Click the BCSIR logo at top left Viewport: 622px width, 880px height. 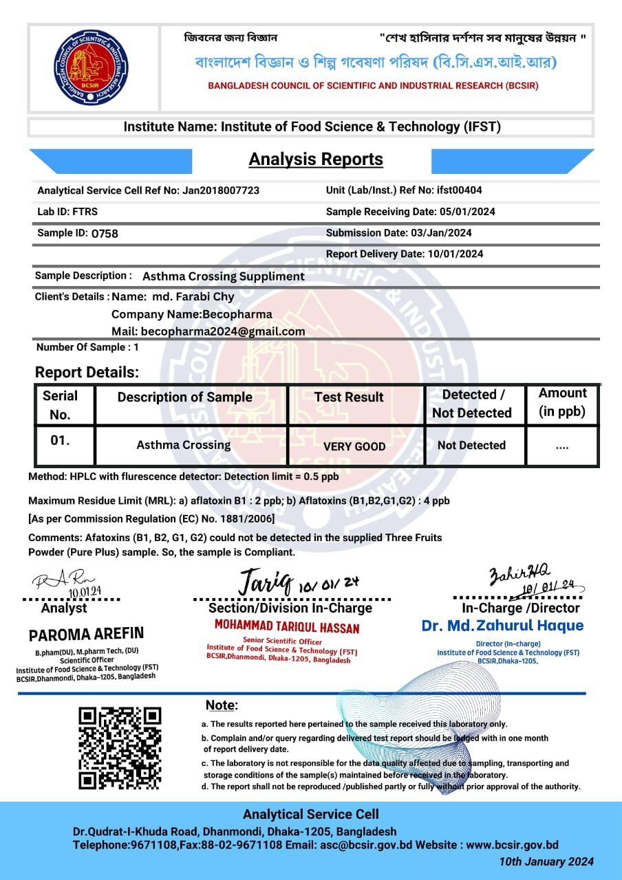tap(92, 67)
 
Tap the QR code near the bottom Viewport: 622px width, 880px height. tap(120, 747)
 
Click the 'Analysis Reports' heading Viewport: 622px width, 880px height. tap(316, 159)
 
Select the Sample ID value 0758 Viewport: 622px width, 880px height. tap(105, 234)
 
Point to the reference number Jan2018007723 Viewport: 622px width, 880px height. tap(221, 190)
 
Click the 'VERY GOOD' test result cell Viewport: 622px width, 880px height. tap(354, 446)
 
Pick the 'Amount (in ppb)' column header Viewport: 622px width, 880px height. tap(562, 402)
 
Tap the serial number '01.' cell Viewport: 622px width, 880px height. tap(61, 441)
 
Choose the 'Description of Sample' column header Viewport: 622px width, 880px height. tap(184, 397)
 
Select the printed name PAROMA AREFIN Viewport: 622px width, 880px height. tap(86, 634)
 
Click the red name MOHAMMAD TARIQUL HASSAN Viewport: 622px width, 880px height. tap(286, 627)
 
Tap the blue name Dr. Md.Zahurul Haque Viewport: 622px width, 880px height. tap(502, 626)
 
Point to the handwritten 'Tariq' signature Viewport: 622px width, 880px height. tap(265, 582)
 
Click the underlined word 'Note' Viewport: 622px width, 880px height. tap(221, 705)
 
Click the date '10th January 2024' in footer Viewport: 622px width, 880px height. tap(546, 862)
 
